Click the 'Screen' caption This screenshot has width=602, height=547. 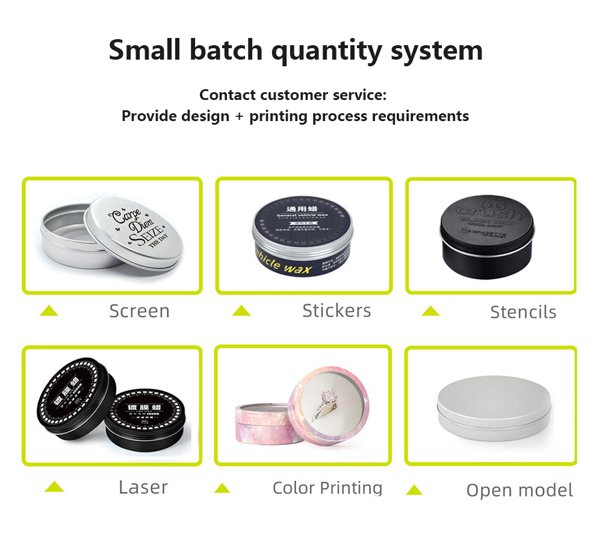click(139, 311)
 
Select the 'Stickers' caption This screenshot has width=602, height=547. click(337, 310)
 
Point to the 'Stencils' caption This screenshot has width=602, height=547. click(523, 311)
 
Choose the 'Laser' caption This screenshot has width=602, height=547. click(143, 487)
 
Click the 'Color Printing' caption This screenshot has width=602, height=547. click(327, 487)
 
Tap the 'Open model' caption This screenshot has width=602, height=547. click(520, 490)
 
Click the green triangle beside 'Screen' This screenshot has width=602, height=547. click(49, 311)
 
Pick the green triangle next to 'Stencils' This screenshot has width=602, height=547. click(430, 311)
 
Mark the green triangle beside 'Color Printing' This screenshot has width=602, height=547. click(222, 488)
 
